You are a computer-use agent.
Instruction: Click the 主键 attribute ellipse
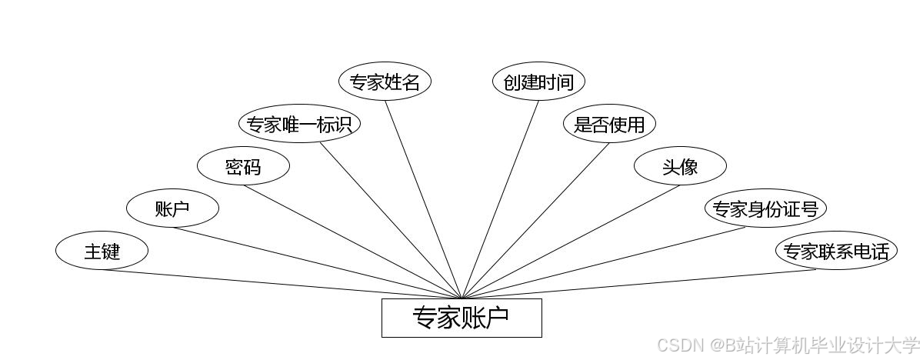click(x=102, y=251)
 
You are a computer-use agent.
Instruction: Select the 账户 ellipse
click(x=172, y=208)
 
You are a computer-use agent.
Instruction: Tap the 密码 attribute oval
click(x=243, y=166)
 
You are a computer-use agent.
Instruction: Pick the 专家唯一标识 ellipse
click(x=300, y=124)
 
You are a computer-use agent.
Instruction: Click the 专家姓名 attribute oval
click(x=385, y=82)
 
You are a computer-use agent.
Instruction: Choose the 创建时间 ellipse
click(x=538, y=82)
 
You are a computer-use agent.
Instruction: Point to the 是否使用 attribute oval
click(x=609, y=124)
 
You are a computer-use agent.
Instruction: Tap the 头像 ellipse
click(x=680, y=166)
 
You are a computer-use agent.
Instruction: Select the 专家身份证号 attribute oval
click(x=765, y=208)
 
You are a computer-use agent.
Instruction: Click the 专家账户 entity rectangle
click(x=461, y=318)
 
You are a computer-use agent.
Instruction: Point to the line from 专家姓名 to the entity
click(x=423, y=199)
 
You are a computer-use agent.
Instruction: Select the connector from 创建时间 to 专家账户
click(x=500, y=199)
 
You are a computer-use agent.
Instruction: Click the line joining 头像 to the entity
click(x=571, y=242)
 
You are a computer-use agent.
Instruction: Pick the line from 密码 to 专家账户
click(x=352, y=242)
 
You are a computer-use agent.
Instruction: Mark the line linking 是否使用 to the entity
click(x=535, y=221)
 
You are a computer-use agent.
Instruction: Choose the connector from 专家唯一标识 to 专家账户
click(x=391, y=221)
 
